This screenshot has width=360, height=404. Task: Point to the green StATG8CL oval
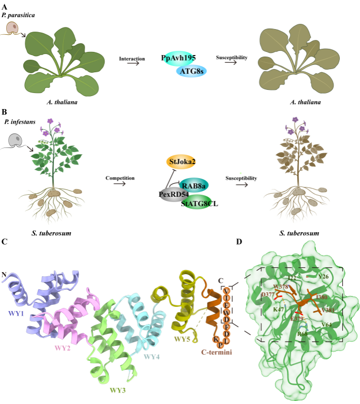200,203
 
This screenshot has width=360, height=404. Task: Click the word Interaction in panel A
131,58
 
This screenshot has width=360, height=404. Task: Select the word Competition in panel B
120,178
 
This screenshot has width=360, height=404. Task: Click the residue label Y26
324,277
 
